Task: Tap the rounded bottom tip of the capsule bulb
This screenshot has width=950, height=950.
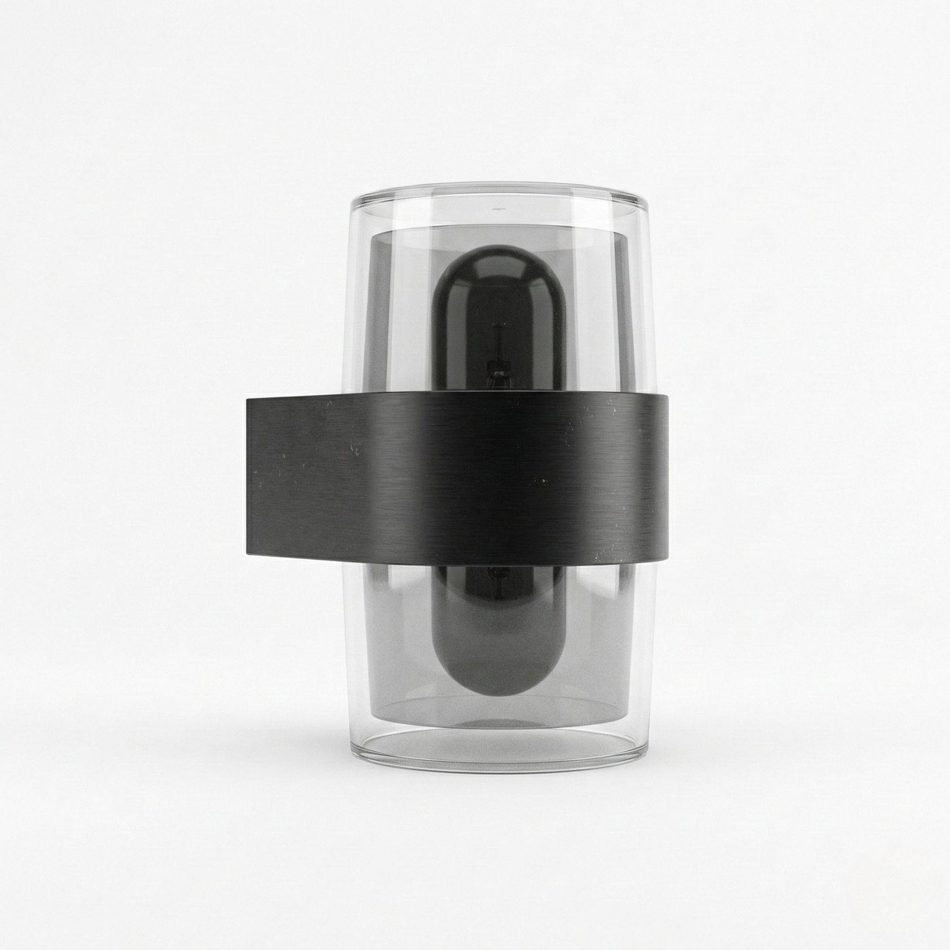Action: coord(500,689)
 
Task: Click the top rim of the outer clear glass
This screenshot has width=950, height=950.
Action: coord(500,186)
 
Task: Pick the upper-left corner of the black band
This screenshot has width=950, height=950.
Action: coord(247,400)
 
